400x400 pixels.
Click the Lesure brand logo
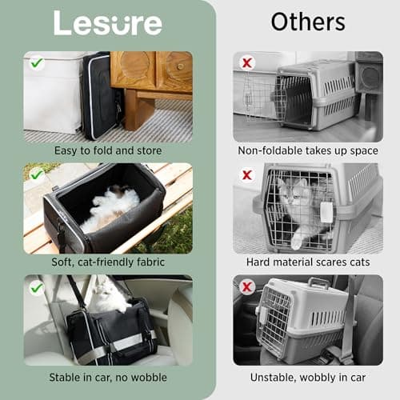(x=108, y=23)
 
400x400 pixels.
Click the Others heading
(x=308, y=22)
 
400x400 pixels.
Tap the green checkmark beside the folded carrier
(x=37, y=63)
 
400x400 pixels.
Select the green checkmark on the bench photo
(x=37, y=174)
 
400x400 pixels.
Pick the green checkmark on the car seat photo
(x=37, y=288)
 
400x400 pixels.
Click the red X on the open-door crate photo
(x=247, y=63)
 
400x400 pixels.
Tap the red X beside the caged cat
(x=247, y=175)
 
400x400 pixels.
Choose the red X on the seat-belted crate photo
(x=247, y=287)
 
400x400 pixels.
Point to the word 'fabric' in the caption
(x=150, y=262)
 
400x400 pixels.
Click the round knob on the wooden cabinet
(x=181, y=66)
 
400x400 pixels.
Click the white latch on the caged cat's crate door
(x=326, y=212)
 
